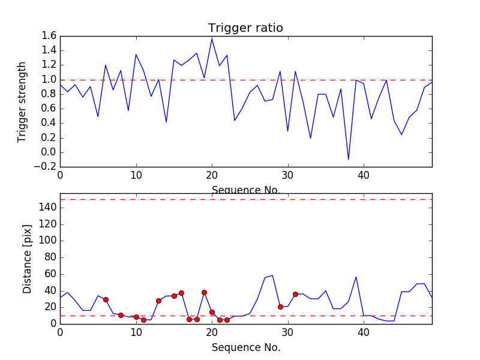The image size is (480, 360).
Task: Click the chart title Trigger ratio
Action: pyautogui.click(x=245, y=28)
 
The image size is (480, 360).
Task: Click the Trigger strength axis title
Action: pyautogui.click(x=22, y=101)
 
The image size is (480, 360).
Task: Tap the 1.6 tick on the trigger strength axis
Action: pyautogui.click(x=49, y=36)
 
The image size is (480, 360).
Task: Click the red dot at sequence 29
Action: pyautogui.click(x=280, y=307)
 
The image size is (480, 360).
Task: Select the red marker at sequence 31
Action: pyautogui.click(x=295, y=294)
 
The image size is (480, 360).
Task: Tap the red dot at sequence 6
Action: pyautogui.click(x=106, y=299)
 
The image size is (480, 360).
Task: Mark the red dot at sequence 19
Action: pyautogui.click(x=204, y=292)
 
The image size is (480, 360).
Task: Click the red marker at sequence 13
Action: pyautogui.click(x=158, y=301)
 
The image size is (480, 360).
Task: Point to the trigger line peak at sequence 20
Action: pyautogui.click(x=212, y=39)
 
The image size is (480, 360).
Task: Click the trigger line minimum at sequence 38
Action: pyautogui.click(x=348, y=160)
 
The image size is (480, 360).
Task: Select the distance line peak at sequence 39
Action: pyautogui.click(x=356, y=277)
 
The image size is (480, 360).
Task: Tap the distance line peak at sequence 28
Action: pyautogui.click(x=272, y=275)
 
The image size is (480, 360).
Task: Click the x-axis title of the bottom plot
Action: pyautogui.click(x=245, y=347)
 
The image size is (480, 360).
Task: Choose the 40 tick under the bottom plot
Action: pyautogui.click(x=364, y=332)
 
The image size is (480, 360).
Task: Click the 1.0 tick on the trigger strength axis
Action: pyautogui.click(x=49, y=80)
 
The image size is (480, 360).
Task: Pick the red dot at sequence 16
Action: pyautogui.click(x=181, y=293)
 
